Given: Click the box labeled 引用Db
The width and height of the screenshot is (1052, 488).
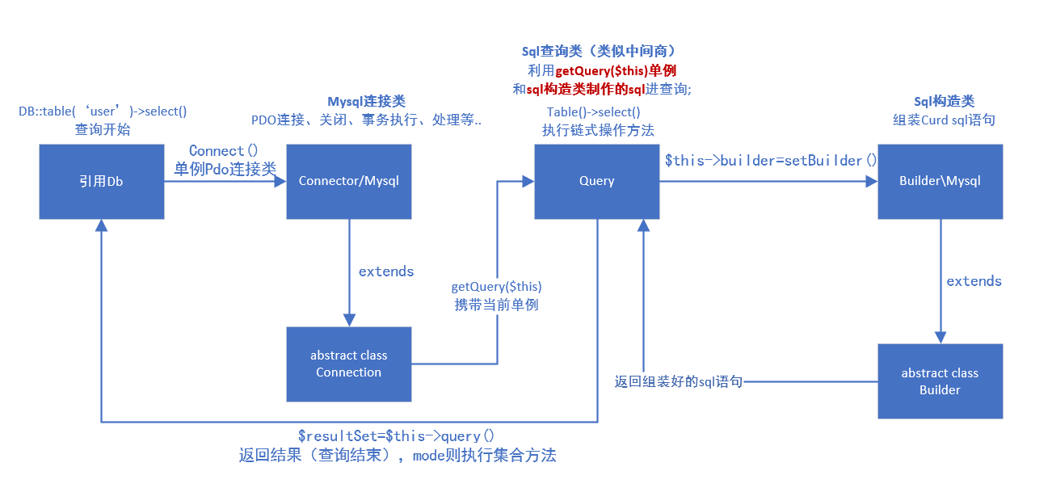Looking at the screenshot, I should point(102,181).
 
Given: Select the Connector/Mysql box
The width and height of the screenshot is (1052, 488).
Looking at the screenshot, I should point(349,181).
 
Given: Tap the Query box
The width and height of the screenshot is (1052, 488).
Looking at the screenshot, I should point(596,181).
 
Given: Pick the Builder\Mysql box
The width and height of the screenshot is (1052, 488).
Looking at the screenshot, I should point(940,181).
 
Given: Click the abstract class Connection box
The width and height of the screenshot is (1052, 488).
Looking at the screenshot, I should point(349,364).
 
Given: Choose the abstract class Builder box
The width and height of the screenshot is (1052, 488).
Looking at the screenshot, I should point(940,381).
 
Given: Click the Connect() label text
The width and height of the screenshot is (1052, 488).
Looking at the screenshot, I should point(223,151).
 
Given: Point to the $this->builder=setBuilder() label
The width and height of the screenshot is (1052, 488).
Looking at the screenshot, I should point(770,160).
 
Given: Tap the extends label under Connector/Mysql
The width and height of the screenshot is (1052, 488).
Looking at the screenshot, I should point(386,271).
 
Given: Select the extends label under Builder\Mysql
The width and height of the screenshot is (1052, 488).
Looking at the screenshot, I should point(974,281).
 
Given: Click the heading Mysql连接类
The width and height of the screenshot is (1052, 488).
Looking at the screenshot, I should point(366,101).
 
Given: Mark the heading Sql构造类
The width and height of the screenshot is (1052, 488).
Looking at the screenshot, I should point(944,101).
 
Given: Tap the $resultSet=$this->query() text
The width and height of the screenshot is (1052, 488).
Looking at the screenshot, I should point(396,436).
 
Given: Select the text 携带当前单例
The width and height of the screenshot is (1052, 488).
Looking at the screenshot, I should point(496,305).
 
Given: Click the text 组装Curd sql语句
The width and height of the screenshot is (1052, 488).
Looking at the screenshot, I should point(944,120).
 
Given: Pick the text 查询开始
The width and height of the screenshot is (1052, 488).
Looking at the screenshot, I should point(103,129).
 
